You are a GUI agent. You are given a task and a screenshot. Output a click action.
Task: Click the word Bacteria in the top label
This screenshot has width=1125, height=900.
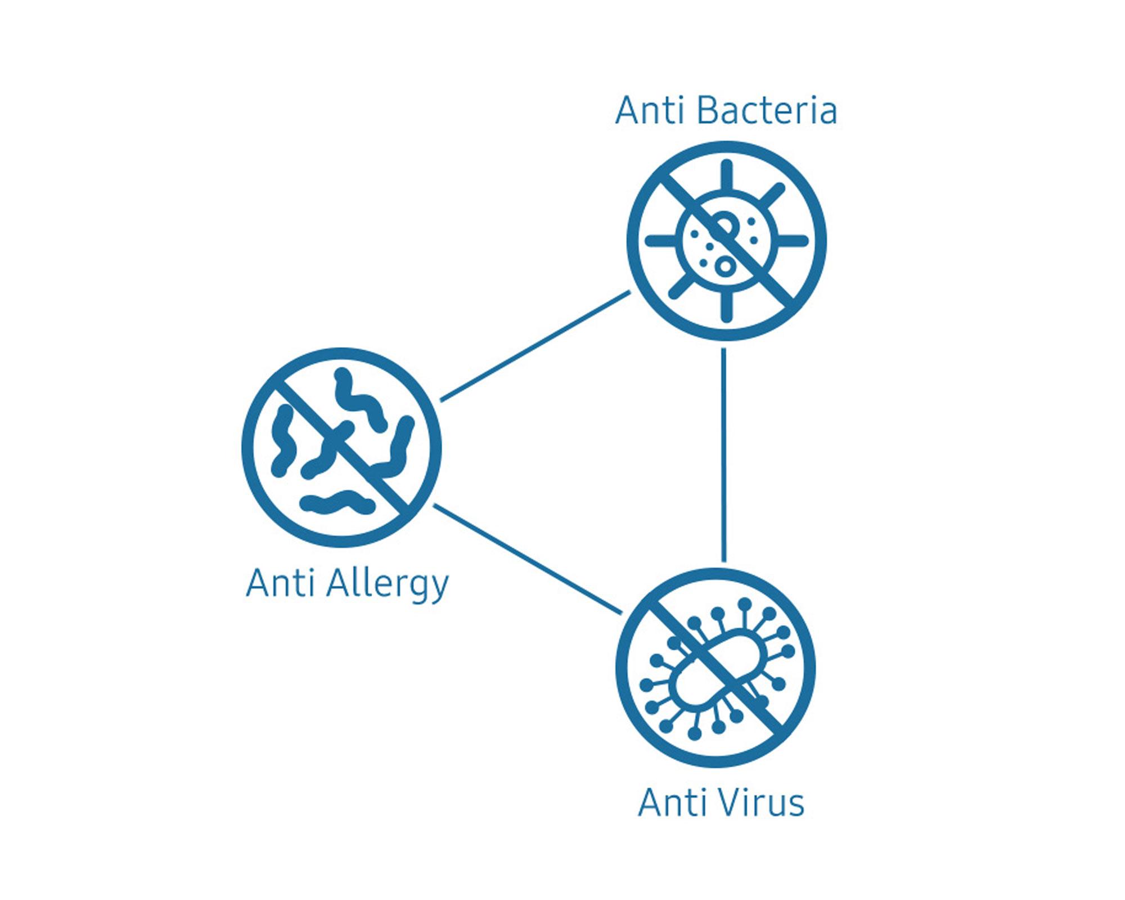pyautogui.click(x=767, y=110)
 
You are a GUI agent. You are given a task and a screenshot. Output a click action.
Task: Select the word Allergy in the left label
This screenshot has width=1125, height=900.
pyautogui.click(x=388, y=585)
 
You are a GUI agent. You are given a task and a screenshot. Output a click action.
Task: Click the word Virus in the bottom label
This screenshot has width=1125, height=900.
pyautogui.click(x=754, y=803)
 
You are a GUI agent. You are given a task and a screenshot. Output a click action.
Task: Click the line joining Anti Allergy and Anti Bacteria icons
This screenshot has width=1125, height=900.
pyautogui.click(x=534, y=346)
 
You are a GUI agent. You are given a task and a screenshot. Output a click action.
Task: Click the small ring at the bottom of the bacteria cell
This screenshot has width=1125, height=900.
pyautogui.click(x=726, y=265)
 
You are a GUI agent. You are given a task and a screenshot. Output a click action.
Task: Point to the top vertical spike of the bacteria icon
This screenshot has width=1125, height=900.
pyautogui.click(x=727, y=174)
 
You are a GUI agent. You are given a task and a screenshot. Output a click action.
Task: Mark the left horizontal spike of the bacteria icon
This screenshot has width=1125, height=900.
pyautogui.click(x=661, y=241)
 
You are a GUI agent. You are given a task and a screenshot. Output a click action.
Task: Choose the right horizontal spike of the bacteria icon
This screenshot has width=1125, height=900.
pyautogui.click(x=792, y=241)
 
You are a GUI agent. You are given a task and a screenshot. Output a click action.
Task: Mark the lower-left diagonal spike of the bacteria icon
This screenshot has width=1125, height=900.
pyautogui.click(x=681, y=287)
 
